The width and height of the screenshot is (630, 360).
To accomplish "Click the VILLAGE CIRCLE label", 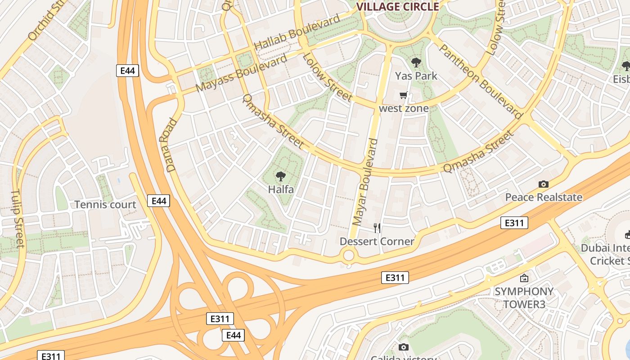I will pos(397,6).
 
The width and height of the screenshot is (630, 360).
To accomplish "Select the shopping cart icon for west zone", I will pos(404,95).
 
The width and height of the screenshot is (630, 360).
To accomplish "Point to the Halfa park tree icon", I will pos(281,176).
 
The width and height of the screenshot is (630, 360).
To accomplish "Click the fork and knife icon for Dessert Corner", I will pos(377,228).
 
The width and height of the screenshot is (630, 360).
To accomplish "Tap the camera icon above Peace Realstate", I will pos(544,184).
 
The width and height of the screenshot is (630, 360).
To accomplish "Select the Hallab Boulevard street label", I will pos(297,32).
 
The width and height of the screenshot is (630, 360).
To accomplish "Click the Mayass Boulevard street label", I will pos(242,73).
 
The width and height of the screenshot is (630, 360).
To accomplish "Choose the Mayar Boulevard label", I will pos(365,182).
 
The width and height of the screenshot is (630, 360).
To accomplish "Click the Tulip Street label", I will pos(17,219).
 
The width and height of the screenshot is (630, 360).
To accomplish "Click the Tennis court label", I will pos(105,205).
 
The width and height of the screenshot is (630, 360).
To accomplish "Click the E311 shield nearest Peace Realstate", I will pos(514,223).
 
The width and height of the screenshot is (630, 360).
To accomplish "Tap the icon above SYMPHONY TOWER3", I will pos(524,279).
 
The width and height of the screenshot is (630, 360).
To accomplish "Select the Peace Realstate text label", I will pos(544,197).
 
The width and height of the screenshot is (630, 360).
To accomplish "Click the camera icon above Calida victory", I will pos(404,347).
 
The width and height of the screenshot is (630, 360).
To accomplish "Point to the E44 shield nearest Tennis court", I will pos(159,201).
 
